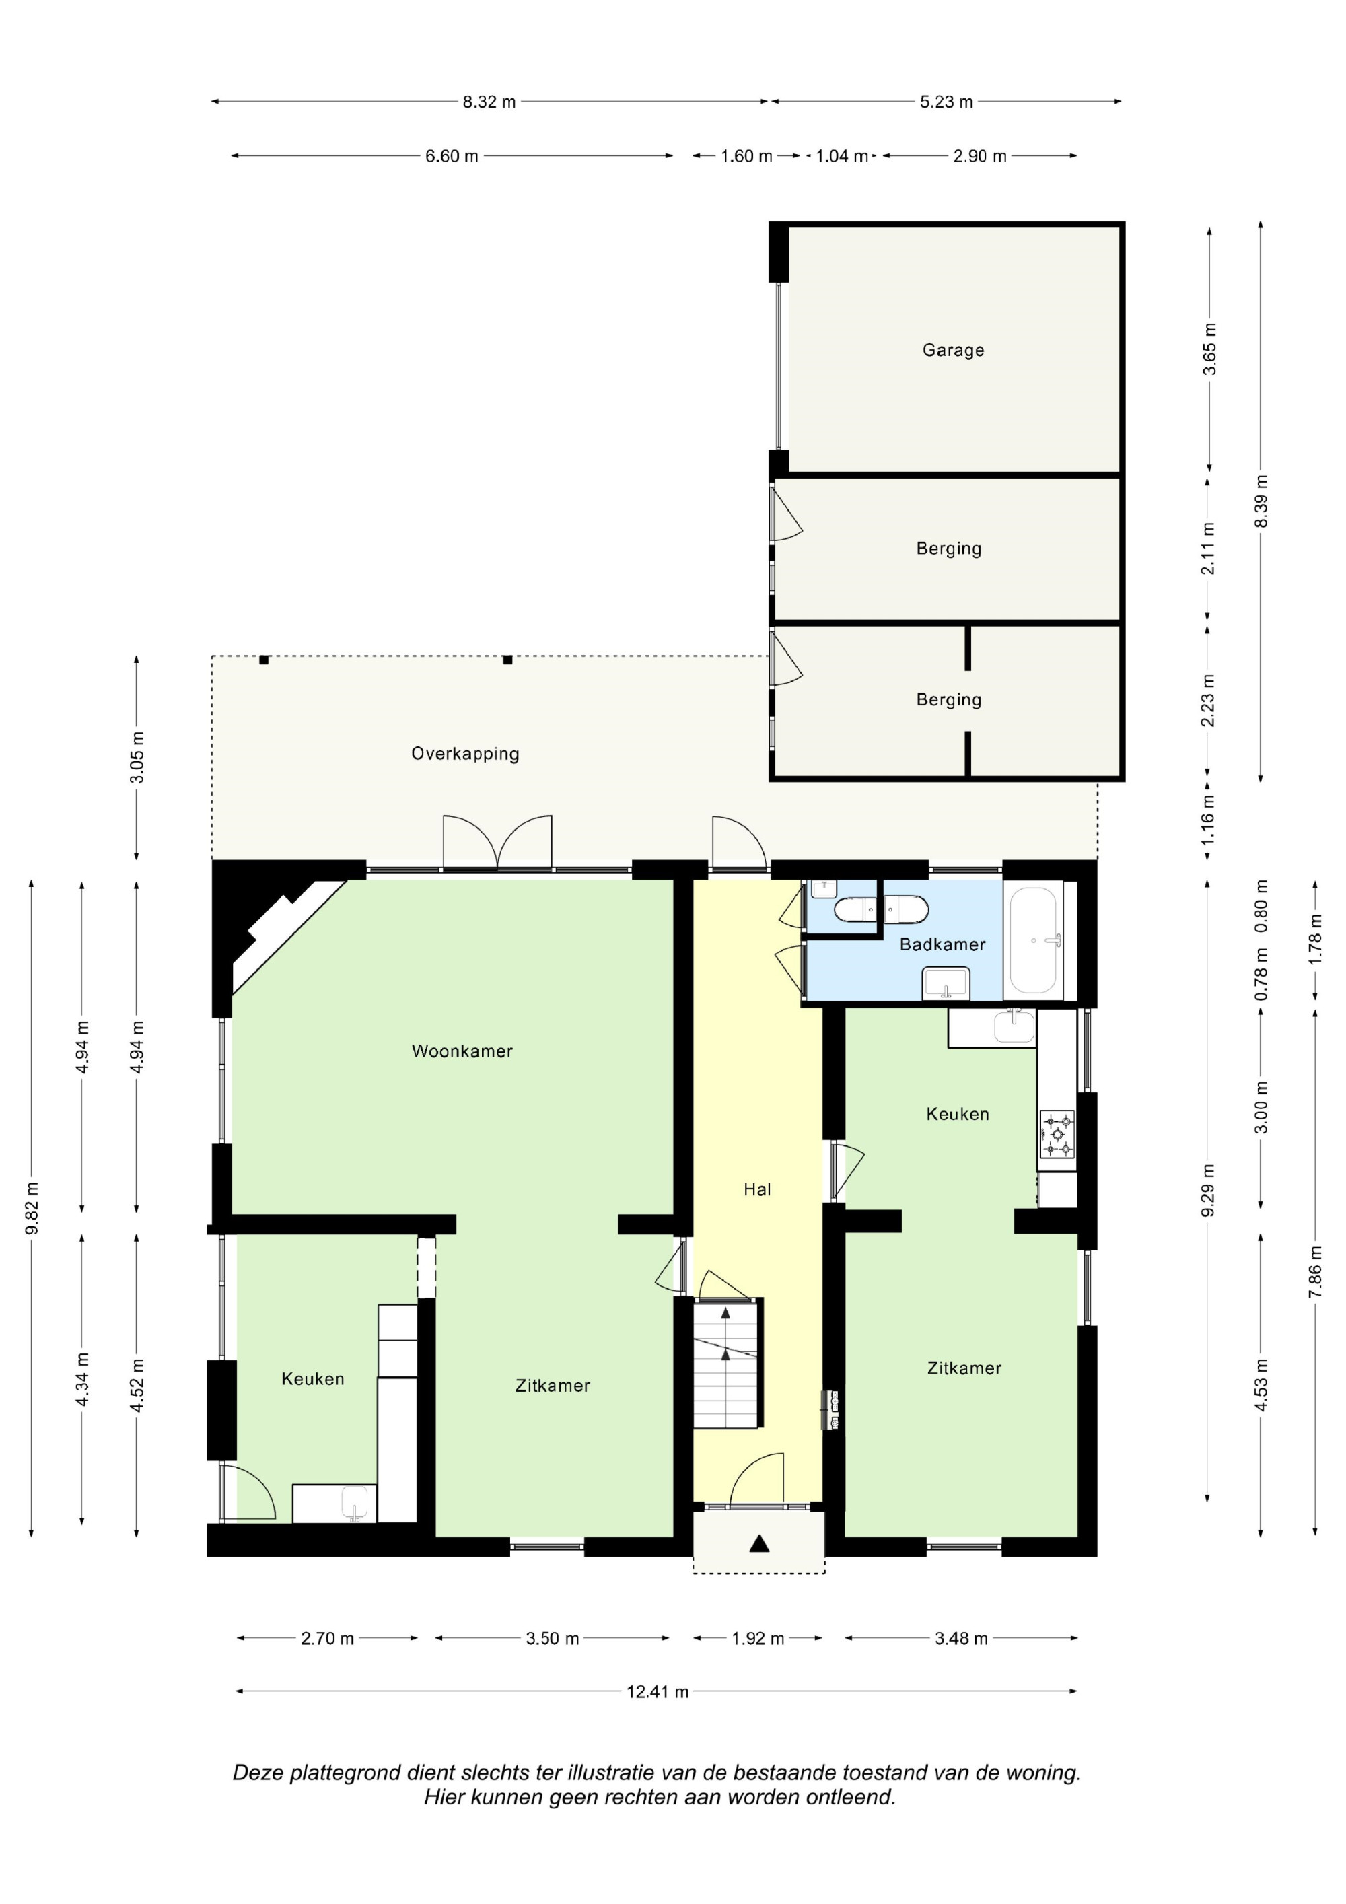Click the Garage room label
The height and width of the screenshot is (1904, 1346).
pyautogui.click(x=953, y=350)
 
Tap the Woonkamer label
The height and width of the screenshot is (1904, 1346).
pyautogui.click(x=462, y=1051)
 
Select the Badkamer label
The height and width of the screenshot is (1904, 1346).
pyautogui.click(x=942, y=944)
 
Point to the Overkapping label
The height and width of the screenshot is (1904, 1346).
pyautogui.click(x=465, y=754)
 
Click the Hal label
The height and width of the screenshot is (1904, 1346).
pyautogui.click(x=757, y=1189)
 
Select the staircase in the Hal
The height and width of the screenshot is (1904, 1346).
pyautogui.click(x=726, y=1364)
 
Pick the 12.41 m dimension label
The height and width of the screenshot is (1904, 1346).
pyautogui.click(x=658, y=1692)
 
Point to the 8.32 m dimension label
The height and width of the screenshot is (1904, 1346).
pyautogui.click(x=489, y=102)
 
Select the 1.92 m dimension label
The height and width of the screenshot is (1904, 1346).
pyautogui.click(x=758, y=1639)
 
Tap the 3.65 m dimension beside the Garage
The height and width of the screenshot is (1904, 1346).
pyautogui.click(x=1210, y=349)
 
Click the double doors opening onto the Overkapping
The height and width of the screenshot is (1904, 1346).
pyautogui.click(x=497, y=843)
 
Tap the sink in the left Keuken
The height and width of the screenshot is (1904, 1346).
pyautogui.click(x=354, y=1504)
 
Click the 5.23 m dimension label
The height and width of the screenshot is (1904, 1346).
pyautogui.click(x=946, y=102)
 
